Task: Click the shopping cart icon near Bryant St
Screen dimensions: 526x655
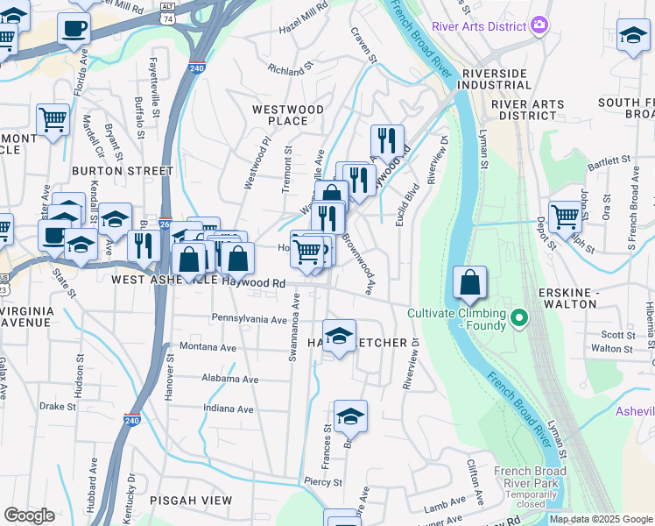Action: pyautogui.click(x=53, y=119)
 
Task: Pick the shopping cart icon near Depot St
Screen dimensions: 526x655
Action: pyautogui.click(x=565, y=215)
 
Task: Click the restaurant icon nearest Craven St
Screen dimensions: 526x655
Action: pyautogui.click(x=386, y=139)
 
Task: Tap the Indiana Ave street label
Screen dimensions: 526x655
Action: pyautogui.click(x=228, y=409)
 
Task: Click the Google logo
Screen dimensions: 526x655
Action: pyautogui.click(x=28, y=515)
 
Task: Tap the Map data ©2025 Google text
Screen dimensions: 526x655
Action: pyautogui.click(x=600, y=519)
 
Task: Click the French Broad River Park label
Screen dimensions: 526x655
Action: pyautogui.click(x=530, y=478)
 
